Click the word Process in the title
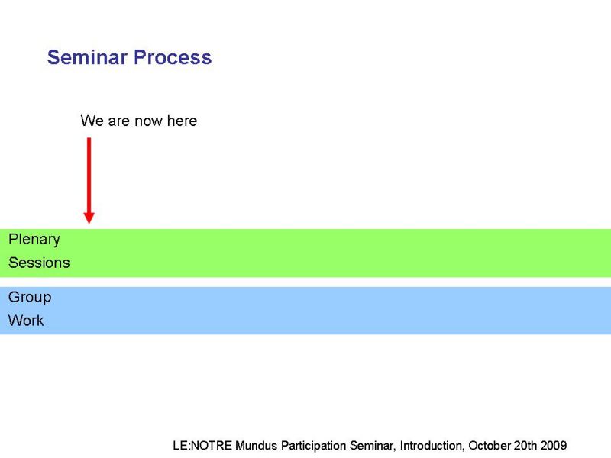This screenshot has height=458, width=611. [173, 57]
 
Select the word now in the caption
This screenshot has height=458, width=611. [148, 121]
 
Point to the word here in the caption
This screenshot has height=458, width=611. [182, 121]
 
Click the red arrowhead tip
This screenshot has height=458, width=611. [89, 224]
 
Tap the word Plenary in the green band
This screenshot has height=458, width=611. [34, 240]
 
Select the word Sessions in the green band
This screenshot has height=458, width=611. [39, 263]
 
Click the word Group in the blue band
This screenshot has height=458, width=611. [30, 298]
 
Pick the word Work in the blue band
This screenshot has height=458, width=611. [26, 321]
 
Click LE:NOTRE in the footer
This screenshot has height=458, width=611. [202, 445]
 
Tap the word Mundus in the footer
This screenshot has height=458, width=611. [256, 445]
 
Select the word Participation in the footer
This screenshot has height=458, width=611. [313, 446]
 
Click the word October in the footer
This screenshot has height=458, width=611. [489, 445]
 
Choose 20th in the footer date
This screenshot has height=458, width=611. [525, 445]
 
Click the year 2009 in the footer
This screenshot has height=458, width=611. [554, 445]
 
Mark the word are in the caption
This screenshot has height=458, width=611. [119, 121]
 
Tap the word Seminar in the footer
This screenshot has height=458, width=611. [373, 446]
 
